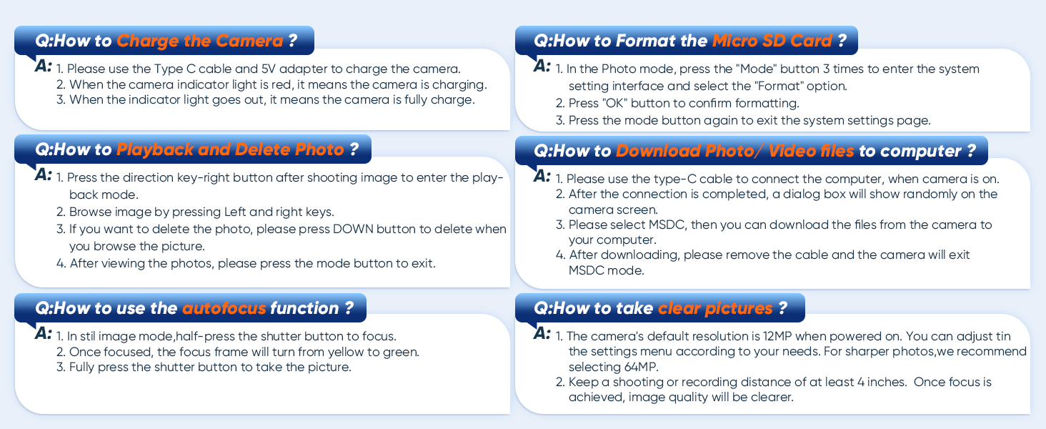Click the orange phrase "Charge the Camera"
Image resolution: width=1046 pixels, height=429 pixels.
tap(200, 41)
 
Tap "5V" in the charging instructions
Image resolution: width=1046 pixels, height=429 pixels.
tap(268, 69)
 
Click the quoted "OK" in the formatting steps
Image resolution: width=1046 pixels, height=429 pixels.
tap(614, 103)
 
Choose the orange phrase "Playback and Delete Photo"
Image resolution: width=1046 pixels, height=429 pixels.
tap(230, 149)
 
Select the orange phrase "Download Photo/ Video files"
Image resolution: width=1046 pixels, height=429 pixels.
tap(735, 151)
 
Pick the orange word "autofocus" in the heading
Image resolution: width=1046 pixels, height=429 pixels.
tap(224, 308)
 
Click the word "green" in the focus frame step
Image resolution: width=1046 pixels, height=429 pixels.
tap(399, 352)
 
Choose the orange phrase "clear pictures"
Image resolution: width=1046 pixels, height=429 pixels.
tap(715, 308)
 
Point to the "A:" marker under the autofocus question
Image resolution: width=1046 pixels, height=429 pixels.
tap(43, 333)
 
